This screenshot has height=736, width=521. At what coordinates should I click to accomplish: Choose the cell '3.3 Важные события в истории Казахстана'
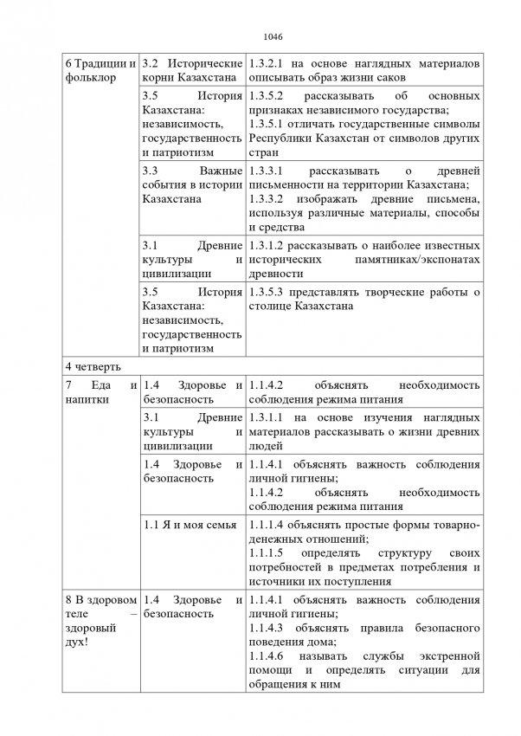tap(191, 184)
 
